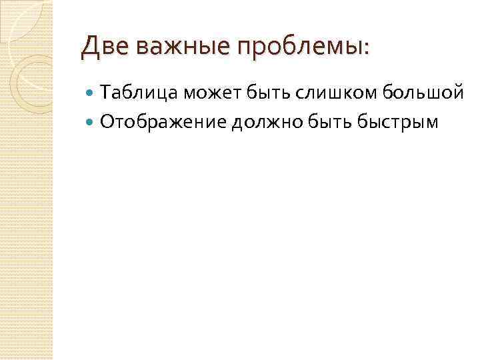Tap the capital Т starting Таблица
click(x=105, y=94)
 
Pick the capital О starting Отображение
click(x=106, y=121)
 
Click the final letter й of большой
click(x=458, y=94)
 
